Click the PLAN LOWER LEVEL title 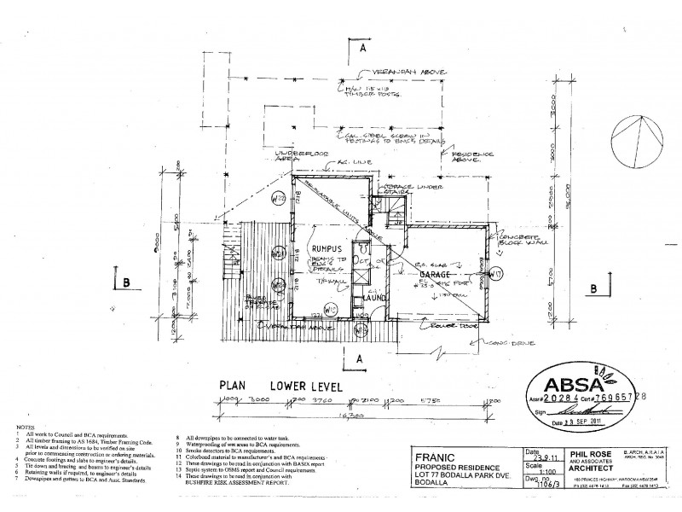(280, 386)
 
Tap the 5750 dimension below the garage (439, 398)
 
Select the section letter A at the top (362, 49)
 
